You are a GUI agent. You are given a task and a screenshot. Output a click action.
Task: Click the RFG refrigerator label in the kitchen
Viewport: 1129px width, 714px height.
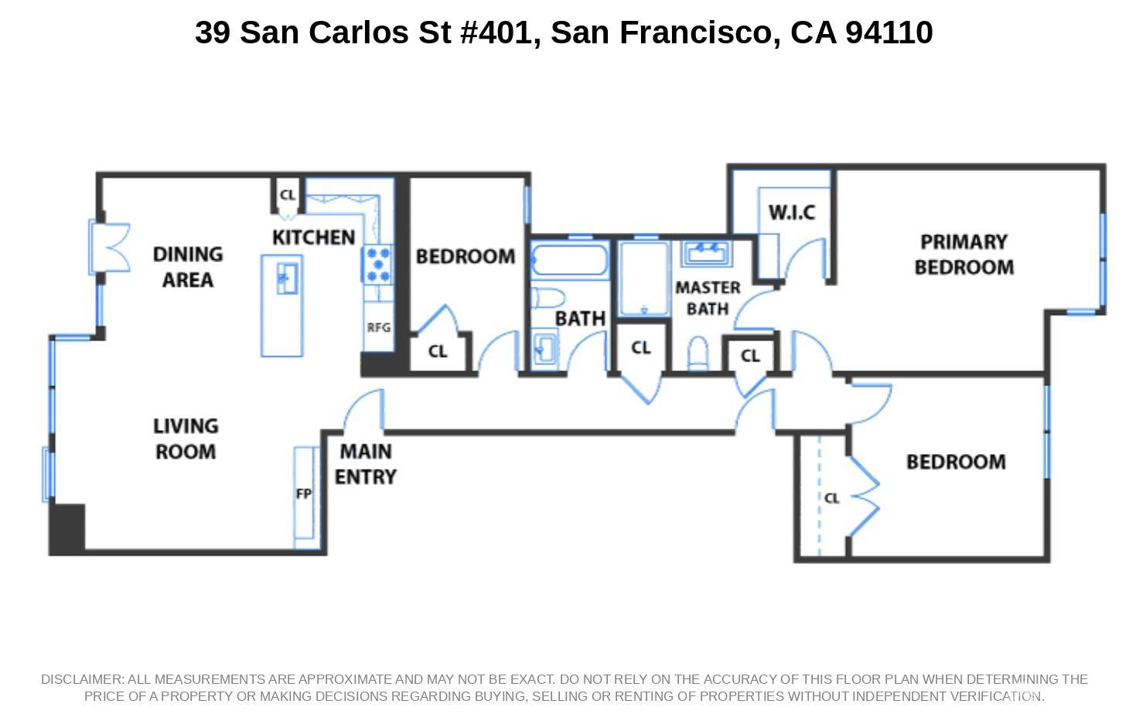click(x=378, y=328)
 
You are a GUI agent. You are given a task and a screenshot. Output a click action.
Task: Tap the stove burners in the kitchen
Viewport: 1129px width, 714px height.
click(x=377, y=264)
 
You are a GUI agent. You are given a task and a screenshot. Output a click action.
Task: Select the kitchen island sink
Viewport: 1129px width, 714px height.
click(x=288, y=278)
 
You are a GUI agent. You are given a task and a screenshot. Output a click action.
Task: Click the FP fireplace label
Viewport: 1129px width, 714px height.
click(x=304, y=494)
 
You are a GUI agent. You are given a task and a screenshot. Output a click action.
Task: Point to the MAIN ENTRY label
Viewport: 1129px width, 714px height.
click(x=366, y=464)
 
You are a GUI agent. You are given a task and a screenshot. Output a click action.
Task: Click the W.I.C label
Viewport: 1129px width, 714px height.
click(x=792, y=213)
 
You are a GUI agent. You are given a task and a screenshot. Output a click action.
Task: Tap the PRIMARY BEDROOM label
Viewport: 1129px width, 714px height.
click(x=964, y=255)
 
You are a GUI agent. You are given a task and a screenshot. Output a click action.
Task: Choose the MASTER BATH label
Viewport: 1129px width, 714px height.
click(x=708, y=298)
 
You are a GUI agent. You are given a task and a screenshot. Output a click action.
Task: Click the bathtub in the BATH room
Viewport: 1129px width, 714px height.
click(x=570, y=260)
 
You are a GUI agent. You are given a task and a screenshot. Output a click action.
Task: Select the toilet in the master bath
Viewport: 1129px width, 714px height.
click(x=698, y=353)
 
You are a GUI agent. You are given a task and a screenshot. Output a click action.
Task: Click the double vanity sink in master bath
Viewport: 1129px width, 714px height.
click(x=707, y=253)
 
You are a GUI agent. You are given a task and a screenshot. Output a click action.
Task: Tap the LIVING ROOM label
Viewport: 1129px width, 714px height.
click(x=186, y=439)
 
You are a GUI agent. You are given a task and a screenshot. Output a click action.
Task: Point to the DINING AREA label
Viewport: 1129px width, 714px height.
click(x=187, y=267)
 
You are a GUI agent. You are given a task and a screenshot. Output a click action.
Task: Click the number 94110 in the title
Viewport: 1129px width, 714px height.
click(x=889, y=32)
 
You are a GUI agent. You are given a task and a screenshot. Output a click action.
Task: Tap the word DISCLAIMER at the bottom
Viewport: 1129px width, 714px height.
click(x=82, y=679)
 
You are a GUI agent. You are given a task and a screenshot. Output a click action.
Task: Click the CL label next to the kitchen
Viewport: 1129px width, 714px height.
click(x=288, y=195)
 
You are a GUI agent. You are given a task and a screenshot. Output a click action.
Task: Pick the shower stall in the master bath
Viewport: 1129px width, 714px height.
click(x=644, y=278)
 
